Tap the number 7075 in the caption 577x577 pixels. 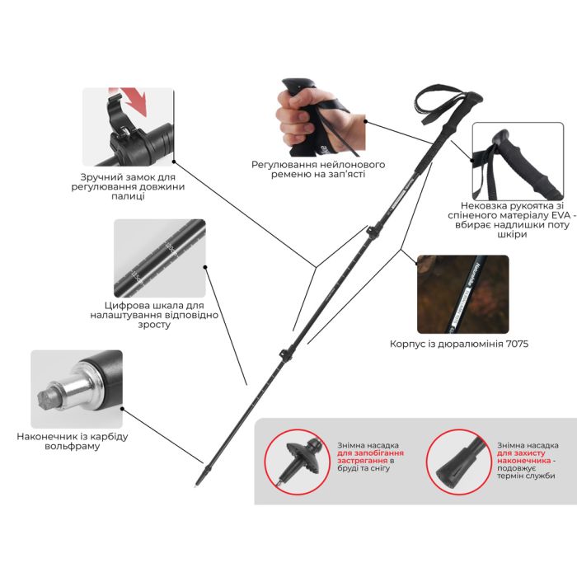[x=517, y=344]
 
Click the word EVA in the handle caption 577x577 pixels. [x=559, y=215]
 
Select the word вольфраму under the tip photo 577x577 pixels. [x=73, y=447]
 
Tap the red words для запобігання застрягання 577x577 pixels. [x=370, y=457]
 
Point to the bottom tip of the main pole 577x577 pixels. [x=196, y=486]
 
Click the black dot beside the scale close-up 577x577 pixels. [x=205, y=267]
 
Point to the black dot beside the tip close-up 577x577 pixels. [x=122, y=409]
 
